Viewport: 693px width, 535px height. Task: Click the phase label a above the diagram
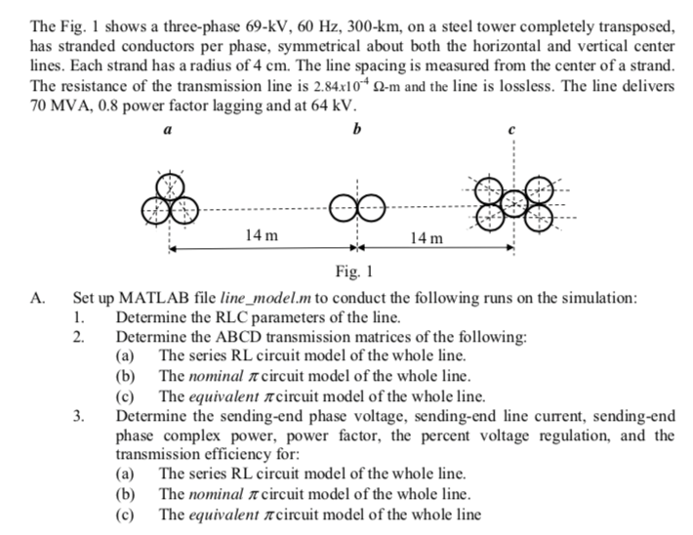(x=169, y=129)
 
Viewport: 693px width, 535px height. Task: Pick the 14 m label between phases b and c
(x=426, y=236)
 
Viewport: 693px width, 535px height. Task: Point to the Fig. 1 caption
(x=352, y=271)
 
